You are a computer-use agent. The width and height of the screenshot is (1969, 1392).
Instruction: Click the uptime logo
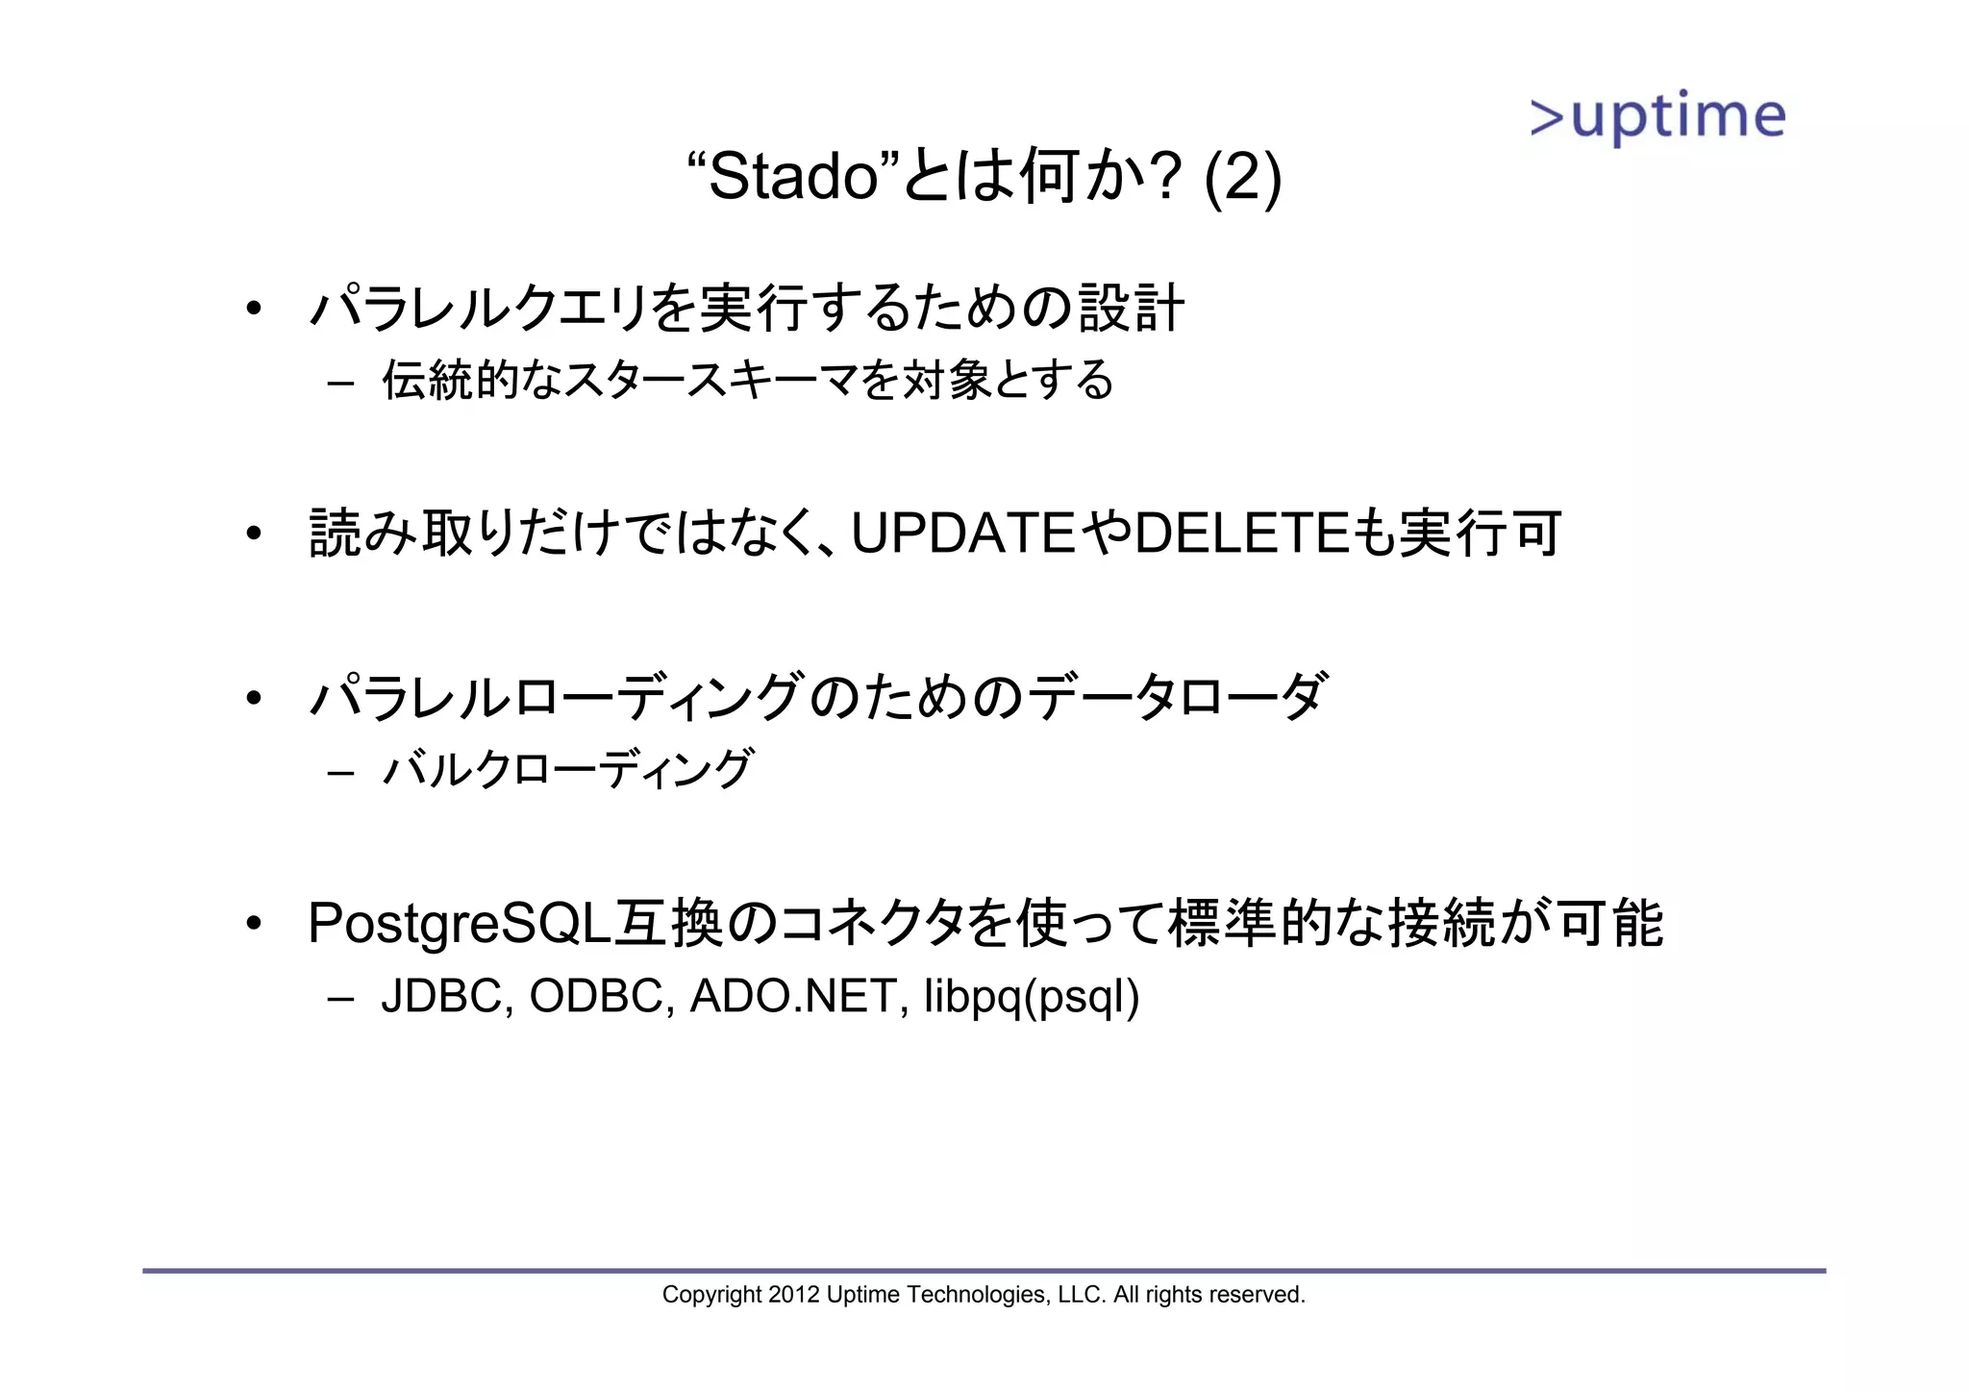(x=1657, y=117)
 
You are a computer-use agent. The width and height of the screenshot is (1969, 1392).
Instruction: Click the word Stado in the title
(x=794, y=177)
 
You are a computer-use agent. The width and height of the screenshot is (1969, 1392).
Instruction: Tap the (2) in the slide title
(x=1242, y=177)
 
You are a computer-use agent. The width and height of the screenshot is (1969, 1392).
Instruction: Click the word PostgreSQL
(x=460, y=923)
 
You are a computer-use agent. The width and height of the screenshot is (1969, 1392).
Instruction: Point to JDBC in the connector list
(x=441, y=996)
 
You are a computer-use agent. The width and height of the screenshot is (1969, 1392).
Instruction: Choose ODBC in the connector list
(x=596, y=996)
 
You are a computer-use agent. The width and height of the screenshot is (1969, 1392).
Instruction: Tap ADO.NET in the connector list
(x=793, y=996)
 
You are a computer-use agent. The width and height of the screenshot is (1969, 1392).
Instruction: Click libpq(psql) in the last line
(x=1032, y=998)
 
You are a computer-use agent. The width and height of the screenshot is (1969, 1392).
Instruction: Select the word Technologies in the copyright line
(x=976, y=1295)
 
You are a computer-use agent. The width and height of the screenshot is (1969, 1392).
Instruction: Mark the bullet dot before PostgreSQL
(x=253, y=924)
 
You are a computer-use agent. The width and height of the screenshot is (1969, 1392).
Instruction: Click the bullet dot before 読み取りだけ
(x=253, y=534)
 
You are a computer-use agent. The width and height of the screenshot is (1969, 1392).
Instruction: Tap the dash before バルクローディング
(x=340, y=773)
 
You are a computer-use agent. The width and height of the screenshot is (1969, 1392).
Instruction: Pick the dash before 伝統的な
(x=340, y=384)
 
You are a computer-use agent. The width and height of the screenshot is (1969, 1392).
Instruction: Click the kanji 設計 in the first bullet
(x=1131, y=309)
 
